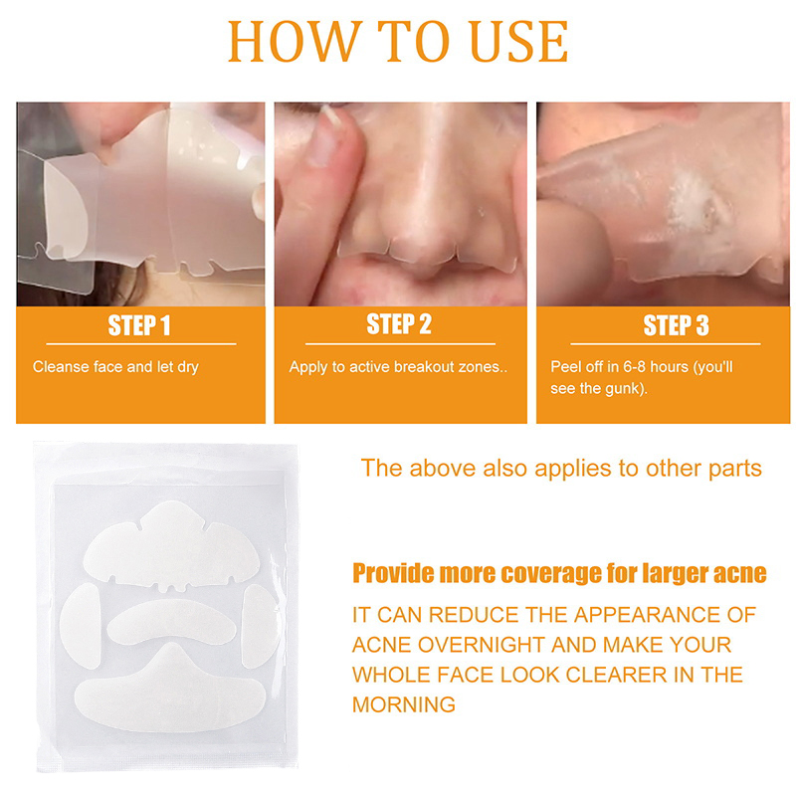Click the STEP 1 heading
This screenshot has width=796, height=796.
pyautogui.click(x=138, y=325)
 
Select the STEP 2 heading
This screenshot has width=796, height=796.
pyautogui.click(x=399, y=324)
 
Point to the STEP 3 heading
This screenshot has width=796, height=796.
pyautogui.click(x=676, y=325)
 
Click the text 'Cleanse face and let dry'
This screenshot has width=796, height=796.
pyautogui.click(x=115, y=367)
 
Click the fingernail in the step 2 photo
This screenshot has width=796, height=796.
pyautogui.click(x=331, y=115)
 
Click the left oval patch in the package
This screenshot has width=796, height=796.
pyautogui.click(x=81, y=626)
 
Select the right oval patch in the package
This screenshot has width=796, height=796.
pyautogui.click(x=260, y=626)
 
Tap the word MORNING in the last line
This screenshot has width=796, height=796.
pyautogui.click(x=404, y=704)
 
